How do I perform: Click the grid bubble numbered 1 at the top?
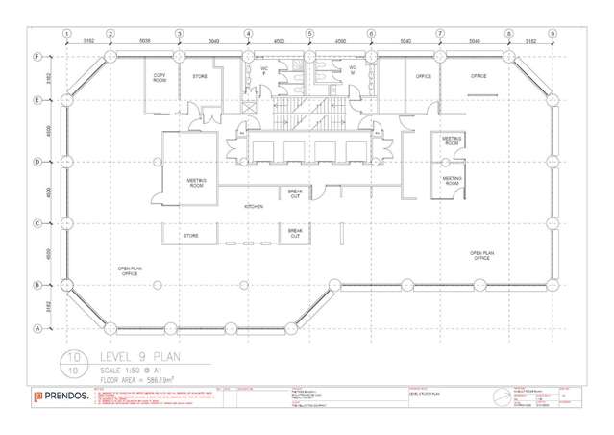point(67,34)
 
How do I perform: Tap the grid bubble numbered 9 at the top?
point(553,34)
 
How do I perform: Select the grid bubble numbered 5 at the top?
point(309,34)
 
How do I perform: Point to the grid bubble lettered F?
point(37,57)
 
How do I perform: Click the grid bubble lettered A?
point(37,328)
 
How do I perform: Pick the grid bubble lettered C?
point(37,223)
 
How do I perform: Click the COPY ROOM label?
point(160,78)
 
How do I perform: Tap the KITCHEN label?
point(254,207)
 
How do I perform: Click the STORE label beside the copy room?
point(200,76)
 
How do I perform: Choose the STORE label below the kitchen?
point(191,235)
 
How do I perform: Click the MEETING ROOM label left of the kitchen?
point(196,183)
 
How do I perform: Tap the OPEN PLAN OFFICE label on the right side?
point(482,256)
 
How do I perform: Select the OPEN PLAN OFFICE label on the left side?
point(129,271)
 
